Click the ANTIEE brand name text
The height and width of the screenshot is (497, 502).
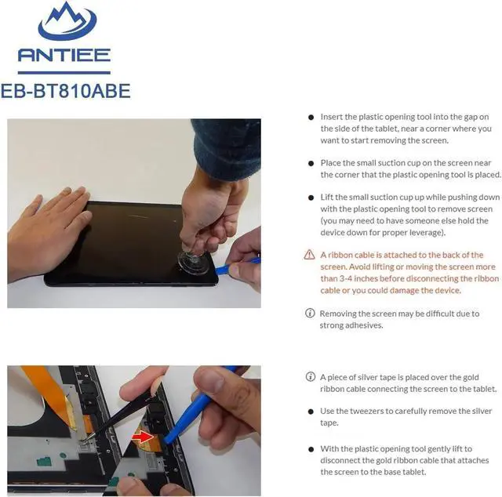[64, 55]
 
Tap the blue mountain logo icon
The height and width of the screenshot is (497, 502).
[67, 21]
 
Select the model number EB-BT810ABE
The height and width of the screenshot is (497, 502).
[66, 91]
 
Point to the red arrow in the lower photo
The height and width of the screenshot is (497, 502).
[143, 436]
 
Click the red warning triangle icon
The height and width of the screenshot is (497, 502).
[309, 255]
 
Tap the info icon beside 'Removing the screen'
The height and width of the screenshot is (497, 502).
[310, 313]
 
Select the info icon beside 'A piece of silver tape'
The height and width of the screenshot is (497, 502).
[311, 377]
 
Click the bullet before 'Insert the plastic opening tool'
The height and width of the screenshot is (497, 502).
[311, 118]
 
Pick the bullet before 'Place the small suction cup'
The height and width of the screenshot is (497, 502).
[311, 164]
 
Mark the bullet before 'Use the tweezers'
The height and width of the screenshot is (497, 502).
[311, 412]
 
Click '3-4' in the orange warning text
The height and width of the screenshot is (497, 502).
[346, 278]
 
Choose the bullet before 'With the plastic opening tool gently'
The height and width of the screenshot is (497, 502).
[311, 449]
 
